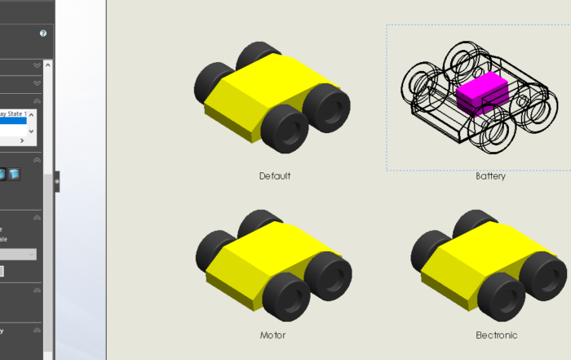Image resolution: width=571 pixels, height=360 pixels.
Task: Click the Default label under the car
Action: [x=275, y=176]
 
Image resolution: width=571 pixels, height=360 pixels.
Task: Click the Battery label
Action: [x=490, y=176]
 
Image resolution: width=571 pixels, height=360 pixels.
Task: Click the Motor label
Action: [x=272, y=335]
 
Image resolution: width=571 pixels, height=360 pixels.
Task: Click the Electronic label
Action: [x=496, y=335]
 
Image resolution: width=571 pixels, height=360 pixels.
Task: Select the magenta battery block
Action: [x=481, y=92]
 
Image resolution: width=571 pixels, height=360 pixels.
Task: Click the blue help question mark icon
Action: [x=43, y=33]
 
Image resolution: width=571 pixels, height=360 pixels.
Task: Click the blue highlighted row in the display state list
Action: [x=13, y=121]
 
